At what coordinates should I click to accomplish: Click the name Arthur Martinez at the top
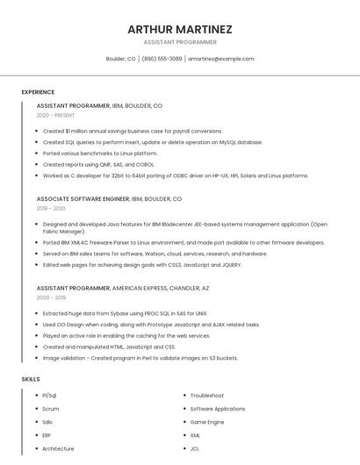[180, 29]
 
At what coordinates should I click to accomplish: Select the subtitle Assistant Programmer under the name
[180, 41]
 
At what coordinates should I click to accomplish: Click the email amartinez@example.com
[221, 59]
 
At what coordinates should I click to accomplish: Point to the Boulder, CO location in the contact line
[120, 59]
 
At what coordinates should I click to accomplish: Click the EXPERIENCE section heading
[38, 92]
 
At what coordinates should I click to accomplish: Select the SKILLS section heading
[31, 379]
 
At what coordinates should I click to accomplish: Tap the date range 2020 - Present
[55, 115]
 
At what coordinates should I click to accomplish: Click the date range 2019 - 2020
[51, 209]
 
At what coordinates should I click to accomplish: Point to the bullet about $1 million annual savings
[133, 131]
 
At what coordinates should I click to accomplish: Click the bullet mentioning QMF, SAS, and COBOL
[98, 164]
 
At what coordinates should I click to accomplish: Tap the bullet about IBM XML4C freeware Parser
[184, 242]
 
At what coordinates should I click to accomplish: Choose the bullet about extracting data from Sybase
[125, 313]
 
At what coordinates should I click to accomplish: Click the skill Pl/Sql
[49, 396]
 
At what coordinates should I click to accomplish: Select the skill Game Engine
[207, 422]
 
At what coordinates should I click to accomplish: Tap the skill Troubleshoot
[207, 396]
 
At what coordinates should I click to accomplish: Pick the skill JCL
[195, 448]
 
